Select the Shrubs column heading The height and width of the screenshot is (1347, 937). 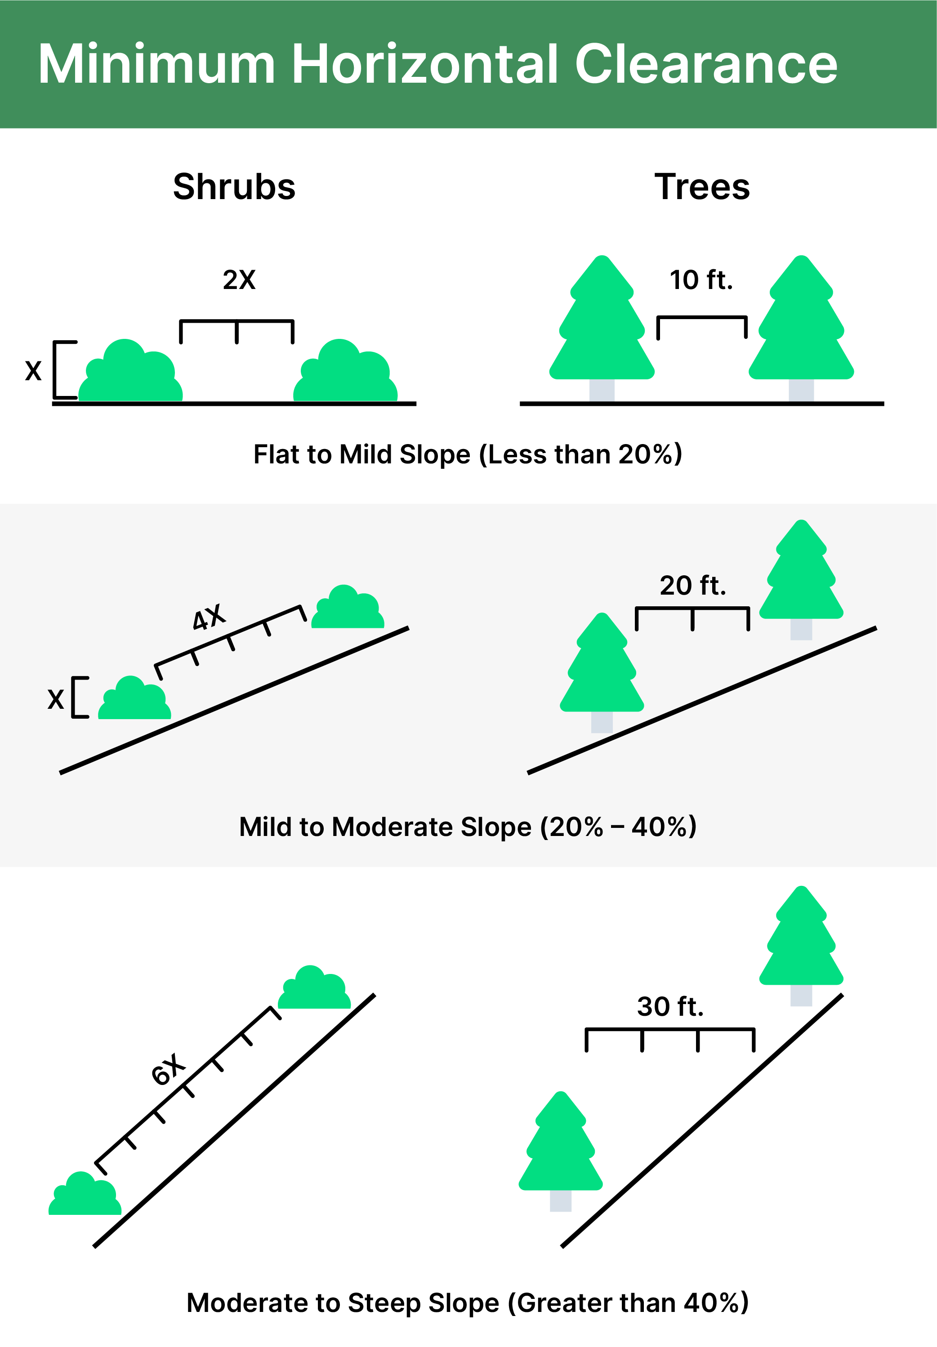pos(234,187)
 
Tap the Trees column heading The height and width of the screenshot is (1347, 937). pos(702,187)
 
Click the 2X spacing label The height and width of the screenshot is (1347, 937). pos(239,280)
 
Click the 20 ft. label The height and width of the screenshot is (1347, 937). pos(693,586)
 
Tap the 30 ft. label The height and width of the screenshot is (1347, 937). pos(670,1007)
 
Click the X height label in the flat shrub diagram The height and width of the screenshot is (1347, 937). pos(33,371)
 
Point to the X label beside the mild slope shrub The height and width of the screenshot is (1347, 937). pos(56,699)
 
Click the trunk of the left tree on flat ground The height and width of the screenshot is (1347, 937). pos(602,390)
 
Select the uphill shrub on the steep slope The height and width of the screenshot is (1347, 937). pos(314,987)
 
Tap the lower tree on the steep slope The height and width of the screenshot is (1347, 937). pos(561,1151)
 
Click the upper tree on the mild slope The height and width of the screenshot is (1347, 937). pos(802,580)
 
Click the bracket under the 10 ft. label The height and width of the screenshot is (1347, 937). pos(702,317)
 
